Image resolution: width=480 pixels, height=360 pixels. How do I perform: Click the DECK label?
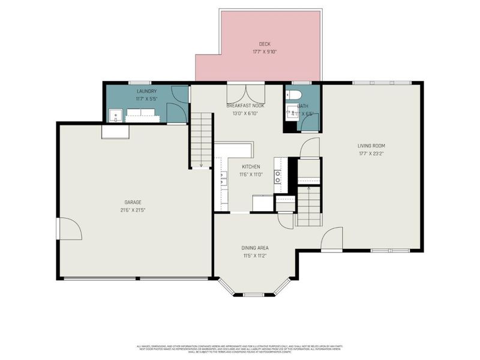(x=264, y=44)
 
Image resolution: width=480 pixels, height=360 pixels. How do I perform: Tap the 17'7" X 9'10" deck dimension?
(x=264, y=52)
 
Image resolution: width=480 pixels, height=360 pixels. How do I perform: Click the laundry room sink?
(x=116, y=115)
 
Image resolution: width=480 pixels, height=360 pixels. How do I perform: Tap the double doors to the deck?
(x=245, y=95)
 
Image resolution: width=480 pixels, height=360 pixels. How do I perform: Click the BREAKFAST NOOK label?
(x=245, y=105)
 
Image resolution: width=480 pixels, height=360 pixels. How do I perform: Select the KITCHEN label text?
(x=251, y=166)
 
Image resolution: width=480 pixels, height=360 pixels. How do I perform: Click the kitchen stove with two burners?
(x=278, y=176)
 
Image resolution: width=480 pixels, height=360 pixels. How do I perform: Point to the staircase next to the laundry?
(x=202, y=139)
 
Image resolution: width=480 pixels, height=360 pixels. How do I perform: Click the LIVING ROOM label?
(x=371, y=145)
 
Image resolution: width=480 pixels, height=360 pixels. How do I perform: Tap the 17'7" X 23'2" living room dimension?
(x=371, y=153)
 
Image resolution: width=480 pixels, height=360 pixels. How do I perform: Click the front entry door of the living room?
(x=332, y=239)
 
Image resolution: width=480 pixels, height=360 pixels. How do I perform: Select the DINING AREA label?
(x=254, y=247)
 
